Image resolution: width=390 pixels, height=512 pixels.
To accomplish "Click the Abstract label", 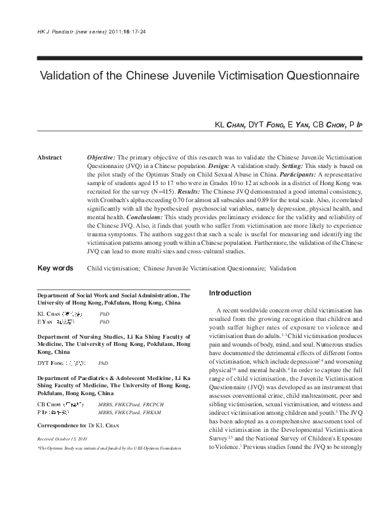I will [x=49, y=158].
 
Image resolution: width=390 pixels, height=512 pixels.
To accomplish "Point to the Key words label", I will [x=55, y=268].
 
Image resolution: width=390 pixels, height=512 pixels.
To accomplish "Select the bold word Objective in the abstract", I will [x=101, y=158].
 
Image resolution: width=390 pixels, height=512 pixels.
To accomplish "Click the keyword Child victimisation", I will [x=113, y=268].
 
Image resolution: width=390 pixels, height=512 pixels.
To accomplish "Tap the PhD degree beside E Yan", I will [x=104, y=322].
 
